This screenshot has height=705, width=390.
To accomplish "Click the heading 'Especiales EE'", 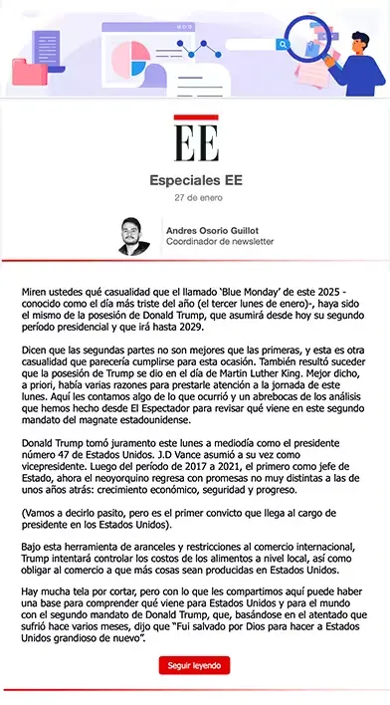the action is point(195,181).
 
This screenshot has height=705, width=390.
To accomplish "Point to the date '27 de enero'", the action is point(195,198).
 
